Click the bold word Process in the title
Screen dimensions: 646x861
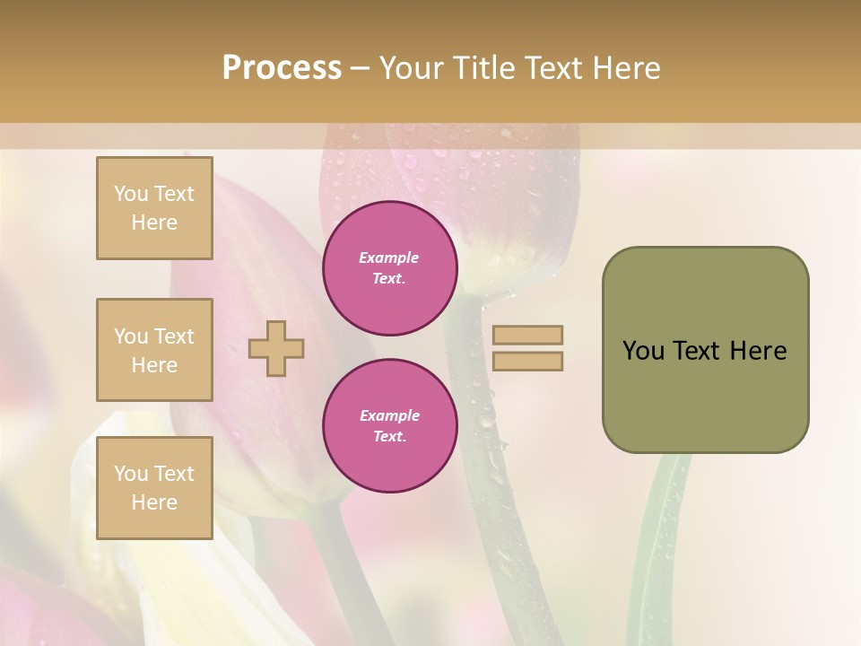pyautogui.click(x=282, y=68)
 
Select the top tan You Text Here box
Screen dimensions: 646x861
pyautogui.click(x=154, y=208)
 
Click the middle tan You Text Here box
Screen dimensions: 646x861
pyautogui.click(x=154, y=350)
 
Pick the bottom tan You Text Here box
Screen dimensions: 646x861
pyautogui.click(x=154, y=488)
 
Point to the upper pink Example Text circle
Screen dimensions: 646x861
pyautogui.click(x=389, y=268)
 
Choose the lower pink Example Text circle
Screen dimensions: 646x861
pyautogui.click(x=389, y=426)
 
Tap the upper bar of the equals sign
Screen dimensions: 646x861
pyautogui.click(x=527, y=335)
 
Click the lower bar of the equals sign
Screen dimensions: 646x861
pyautogui.click(x=527, y=361)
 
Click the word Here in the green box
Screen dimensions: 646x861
pyautogui.click(x=758, y=351)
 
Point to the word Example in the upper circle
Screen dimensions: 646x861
pyautogui.click(x=389, y=258)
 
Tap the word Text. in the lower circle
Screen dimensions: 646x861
pyautogui.click(x=389, y=437)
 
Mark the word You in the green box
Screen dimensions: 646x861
pyautogui.click(x=643, y=351)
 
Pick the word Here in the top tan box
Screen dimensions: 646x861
pyautogui.click(x=154, y=223)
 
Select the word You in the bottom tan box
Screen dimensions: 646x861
pyautogui.click(x=131, y=474)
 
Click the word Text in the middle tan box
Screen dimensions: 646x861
pyautogui.click(x=173, y=336)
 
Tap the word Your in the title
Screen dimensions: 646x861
pyautogui.click(x=412, y=68)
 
